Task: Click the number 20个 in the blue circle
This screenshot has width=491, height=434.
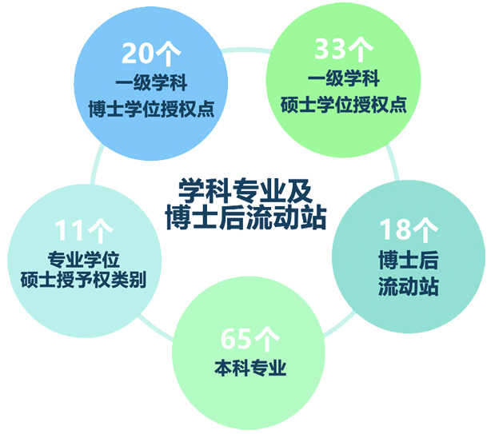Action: click(151, 54)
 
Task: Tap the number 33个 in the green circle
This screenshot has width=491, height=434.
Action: click(344, 49)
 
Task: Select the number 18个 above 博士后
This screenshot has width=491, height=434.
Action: click(409, 229)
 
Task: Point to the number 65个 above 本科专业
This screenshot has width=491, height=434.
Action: click(249, 340)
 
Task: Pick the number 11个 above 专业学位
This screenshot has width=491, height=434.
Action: click(84, 231)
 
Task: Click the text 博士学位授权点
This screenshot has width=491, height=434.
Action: click(152, 109)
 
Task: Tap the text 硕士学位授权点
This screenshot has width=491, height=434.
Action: click(344, 105)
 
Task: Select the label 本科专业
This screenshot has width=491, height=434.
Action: click(250, 368)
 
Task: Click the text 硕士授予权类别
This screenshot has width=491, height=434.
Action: click(84, 279)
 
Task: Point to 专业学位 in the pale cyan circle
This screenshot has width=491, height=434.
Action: click(84, 260)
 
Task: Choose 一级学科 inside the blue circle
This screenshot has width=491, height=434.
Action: click(152, 82)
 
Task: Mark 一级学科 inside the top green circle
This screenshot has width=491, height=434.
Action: click(344, 78)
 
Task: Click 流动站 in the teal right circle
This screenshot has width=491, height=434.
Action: click(409, 285)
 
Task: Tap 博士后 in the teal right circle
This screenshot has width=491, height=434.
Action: click(409, 260)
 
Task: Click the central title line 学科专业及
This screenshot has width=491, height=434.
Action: click(245, 190)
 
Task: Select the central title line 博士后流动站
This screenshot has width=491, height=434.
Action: click(246, 217)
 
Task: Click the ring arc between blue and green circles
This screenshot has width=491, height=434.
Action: click(246, 50)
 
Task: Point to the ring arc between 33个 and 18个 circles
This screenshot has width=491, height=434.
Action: click(393, 163)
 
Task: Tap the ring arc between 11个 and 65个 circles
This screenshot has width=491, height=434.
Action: click(156, 328)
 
